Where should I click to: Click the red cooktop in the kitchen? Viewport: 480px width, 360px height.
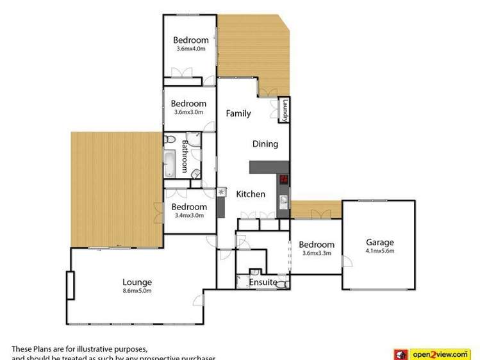tap(283, 180)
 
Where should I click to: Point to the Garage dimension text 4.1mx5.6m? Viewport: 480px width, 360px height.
tap(379, 250)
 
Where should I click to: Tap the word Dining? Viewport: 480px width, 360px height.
tap(265, 144)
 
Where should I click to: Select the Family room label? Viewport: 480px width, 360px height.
tap(238, 113)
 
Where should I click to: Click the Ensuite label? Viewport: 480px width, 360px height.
tap(263, 282)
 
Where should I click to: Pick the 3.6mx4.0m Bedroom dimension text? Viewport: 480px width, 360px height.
tap(190, 49)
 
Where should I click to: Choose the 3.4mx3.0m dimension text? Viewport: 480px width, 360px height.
tap(189, 215)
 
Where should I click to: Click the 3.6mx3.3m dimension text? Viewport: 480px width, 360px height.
tap(316, 253)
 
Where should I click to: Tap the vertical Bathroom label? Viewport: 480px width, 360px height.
tap(185, 156)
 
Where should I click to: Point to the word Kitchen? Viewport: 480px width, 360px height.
tap(251, 194)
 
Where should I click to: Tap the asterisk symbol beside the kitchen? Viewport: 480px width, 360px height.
tap(222, 191)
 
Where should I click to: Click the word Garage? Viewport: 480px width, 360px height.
tap(379, 242)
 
